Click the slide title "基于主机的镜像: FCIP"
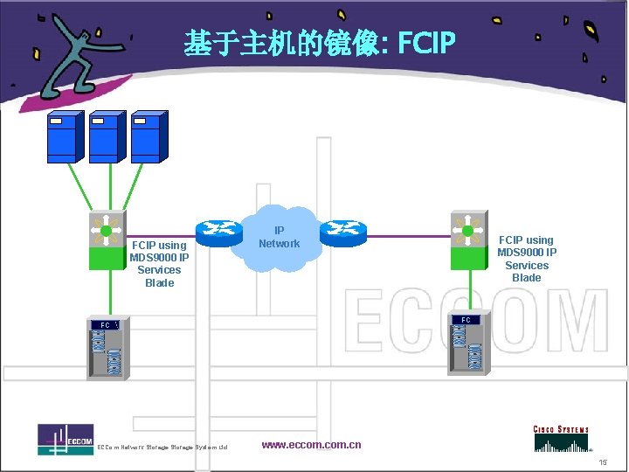tap(320, 42)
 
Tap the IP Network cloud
tap(280, 238)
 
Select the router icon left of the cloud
tap(218, 232)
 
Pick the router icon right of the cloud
tap(342, 232)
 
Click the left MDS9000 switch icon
tap(107, 240)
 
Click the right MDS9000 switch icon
tap(467, 239)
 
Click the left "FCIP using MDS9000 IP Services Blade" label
tap(159, 264)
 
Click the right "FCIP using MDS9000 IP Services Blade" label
tap(527, 259)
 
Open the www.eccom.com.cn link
tap(311, 445)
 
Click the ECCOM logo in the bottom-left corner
tap(66, 439)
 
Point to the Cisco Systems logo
tap(561, 438)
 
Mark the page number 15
tap(603, 462)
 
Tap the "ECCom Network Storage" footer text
tap(162, 448)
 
